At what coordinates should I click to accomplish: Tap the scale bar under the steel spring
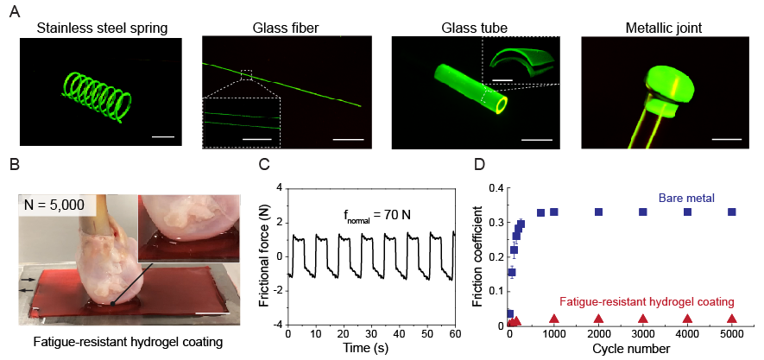coord(162,138)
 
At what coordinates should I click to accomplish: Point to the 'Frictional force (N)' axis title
coord(260,255)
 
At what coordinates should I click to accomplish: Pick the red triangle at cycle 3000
coord(642,319)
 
